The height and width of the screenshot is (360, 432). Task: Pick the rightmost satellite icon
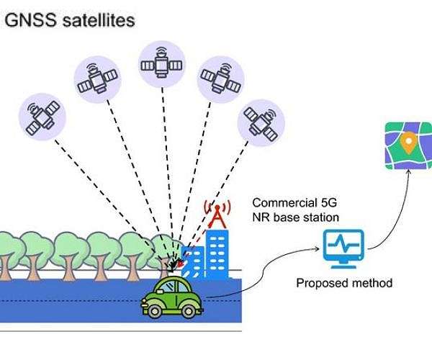(x=261, y=120)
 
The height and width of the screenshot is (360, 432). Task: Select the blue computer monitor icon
(x=343, y=248)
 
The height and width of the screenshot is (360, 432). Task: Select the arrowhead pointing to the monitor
(x=317, y=248)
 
